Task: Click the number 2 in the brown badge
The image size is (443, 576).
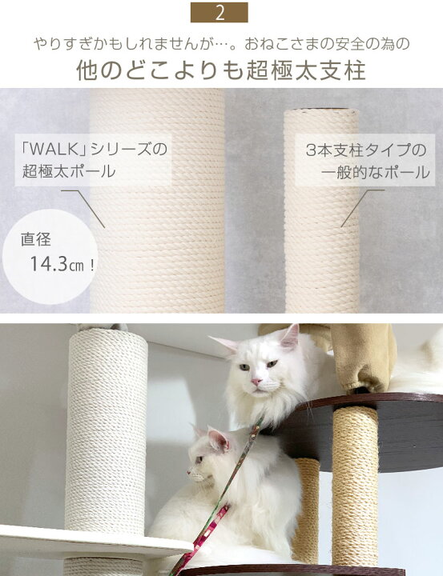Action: pos(219,13)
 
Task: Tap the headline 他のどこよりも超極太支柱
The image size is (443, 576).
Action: pos(221,70)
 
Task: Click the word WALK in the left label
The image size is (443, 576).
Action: pos(54,150)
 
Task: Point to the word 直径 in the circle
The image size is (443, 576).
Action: pos(36,239)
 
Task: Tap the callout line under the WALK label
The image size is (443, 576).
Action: pos(83,208)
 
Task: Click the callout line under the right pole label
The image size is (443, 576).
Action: pos(362,208)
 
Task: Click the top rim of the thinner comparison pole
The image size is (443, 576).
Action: pos(321,110)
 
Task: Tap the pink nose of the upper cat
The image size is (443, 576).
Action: pos(256,382)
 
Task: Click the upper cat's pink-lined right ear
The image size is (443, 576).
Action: pos(290,336)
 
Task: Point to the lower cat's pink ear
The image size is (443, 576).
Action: pos(218,438)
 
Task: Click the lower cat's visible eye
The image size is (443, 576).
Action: pos(199,459)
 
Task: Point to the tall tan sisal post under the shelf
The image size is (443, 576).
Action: pos(356,485)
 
